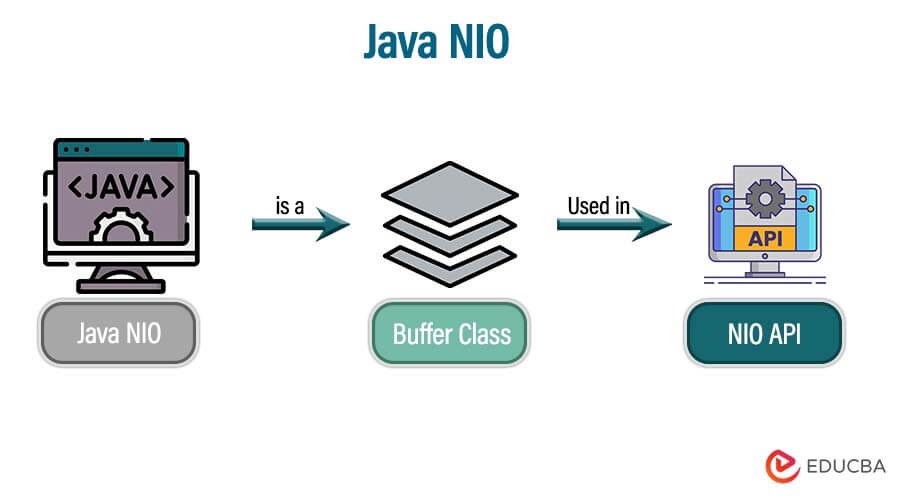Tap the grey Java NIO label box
(x=119, y=332)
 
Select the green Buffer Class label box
(x=449, y=332)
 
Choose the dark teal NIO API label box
(x=765, y=332)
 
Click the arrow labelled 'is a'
(x=301, y=227)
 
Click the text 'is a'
(x=290, y=206)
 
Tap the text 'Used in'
(x=599, y=206)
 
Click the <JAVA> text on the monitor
(x=120, y=186)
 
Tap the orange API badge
(x=764, y=240)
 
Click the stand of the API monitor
(x=765, y=268)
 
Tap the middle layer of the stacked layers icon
(x=449, y=232)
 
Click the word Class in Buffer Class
(x=484, y=332)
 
